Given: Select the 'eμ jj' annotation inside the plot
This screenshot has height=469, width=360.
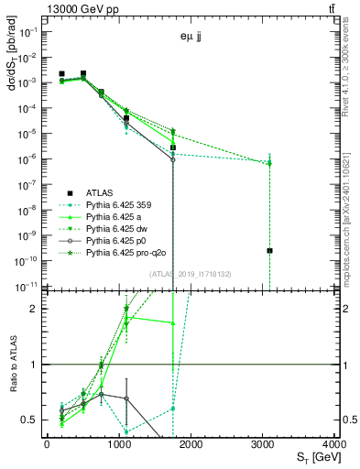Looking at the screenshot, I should (x=191, y=38).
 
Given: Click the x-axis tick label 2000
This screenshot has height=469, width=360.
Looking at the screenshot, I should (x=191, y=444).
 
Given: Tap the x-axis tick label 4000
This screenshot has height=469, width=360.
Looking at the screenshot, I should (x=334, y=444).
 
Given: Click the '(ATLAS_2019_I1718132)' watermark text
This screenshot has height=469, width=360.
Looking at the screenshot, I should (x=191, y=272).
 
